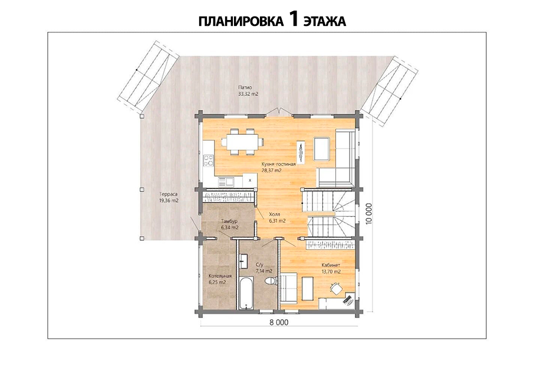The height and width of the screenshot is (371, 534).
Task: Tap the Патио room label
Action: point(245,88)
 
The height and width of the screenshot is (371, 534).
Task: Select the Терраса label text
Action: point(169,194)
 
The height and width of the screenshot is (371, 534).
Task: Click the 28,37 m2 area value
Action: point(272,171)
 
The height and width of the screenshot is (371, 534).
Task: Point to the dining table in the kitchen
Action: point(242,141)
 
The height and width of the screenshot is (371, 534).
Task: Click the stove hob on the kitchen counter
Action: point(209,160)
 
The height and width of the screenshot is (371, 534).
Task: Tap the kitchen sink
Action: point(226,181)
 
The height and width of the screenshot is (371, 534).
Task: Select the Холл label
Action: point(275,214)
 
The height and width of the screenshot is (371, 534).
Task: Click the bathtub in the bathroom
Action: point(245,294)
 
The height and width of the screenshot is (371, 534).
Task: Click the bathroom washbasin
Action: point(245,260)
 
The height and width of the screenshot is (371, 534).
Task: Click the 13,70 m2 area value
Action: point(331,271)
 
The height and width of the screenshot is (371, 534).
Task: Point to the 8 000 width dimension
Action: point(279,322)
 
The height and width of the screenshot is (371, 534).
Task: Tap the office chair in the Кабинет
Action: point(336,289)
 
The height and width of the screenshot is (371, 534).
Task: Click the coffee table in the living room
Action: point(321,149)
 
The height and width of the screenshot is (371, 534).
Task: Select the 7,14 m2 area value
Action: point(264,271)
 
